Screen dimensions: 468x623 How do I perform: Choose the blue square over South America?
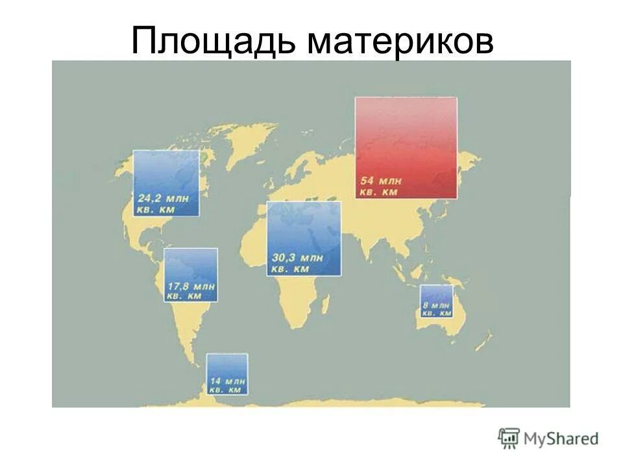click(x=191, y=266)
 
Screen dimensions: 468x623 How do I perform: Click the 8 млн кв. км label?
click(x=436, y=309)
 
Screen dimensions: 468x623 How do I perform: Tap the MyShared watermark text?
click(x=561, y=439)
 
